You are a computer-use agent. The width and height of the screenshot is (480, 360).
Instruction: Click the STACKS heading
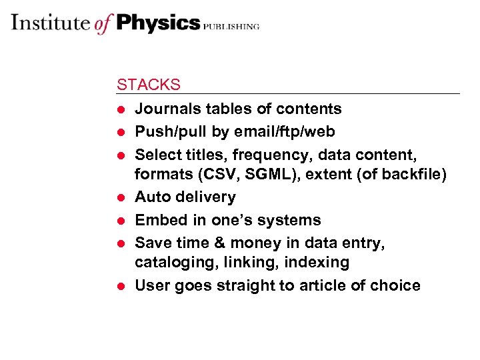[x=148, y=85]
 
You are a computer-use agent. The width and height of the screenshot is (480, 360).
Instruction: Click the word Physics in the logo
[x=158, y=23]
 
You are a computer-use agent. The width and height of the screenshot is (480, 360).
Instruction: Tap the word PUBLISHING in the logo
[x=231, y=26]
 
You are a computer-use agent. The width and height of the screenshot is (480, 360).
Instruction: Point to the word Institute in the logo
[x=50, y=23]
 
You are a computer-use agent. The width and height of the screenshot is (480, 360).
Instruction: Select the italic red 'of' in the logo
[x=103, y=24]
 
